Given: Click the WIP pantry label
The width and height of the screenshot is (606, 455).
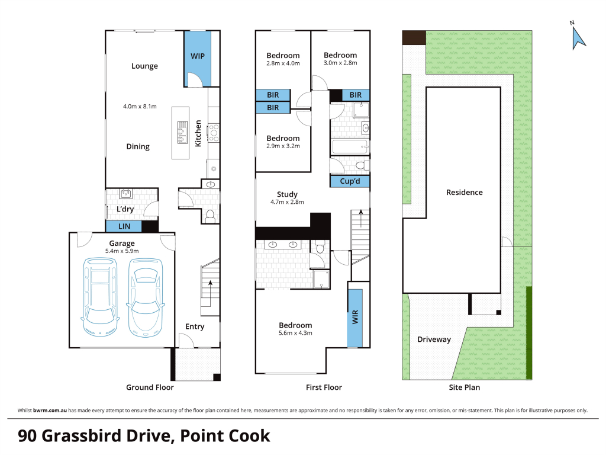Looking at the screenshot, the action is [x=198, y=56].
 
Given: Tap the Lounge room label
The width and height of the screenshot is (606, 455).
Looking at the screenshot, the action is [x=144, y=66].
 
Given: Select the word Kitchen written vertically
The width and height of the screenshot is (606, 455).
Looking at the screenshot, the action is [x=198, y=133].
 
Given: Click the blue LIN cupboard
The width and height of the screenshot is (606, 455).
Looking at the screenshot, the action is [x=124, y=226].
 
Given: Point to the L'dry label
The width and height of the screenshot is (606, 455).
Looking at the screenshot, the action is [x=125, y=209].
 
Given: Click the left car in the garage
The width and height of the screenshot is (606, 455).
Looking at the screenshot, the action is [x=100, y=296].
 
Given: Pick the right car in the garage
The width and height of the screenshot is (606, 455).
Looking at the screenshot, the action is [x=146, y=297].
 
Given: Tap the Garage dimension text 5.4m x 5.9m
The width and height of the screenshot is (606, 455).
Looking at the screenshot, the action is [x=122, y=251].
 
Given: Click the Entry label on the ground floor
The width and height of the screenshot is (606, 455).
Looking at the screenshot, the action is [x=195, y=326].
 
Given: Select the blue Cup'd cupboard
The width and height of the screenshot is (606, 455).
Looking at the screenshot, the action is [x=350, y=181].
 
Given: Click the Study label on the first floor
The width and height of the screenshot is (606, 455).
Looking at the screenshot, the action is [x=287, y=194].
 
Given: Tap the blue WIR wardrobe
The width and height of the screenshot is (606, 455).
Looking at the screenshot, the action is [x=355, y=318].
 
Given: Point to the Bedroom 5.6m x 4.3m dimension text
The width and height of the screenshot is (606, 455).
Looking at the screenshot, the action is [x=295, y=333].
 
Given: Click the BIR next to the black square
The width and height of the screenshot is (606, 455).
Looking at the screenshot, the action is [x=355, y=95].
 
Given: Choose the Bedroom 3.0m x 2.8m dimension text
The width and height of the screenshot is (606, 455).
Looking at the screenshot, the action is [x=340, y=63].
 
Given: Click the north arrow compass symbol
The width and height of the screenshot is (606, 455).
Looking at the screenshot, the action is [x=578, y=38].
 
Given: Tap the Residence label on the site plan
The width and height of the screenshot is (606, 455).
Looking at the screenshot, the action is [x=464, y=193].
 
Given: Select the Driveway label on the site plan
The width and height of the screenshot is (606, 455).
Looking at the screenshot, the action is [x=434, y=339].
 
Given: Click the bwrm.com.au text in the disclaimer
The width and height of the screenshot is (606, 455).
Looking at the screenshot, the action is [x=50, y=411].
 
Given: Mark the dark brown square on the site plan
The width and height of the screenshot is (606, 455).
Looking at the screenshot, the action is [x=414, y=38].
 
